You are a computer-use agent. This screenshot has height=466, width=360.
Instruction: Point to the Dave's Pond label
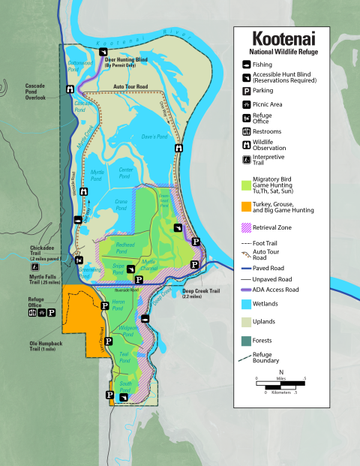click(x=152, y=137)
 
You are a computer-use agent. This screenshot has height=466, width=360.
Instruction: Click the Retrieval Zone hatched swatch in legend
click(x=246, y=227)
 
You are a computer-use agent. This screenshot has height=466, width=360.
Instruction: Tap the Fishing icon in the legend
click(x=246, y=65)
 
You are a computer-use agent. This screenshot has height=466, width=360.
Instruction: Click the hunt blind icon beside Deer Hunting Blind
click(x=103, y=52)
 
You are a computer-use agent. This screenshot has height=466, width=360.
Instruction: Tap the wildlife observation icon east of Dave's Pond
click(x=178, y=149)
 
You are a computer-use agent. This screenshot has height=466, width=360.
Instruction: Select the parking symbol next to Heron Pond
click(x=104, y=305)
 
